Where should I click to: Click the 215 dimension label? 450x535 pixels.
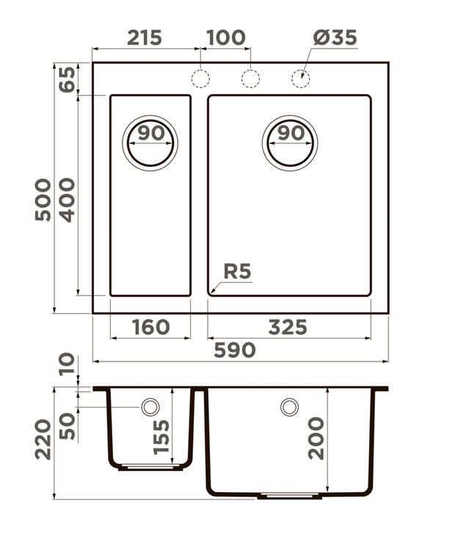144,37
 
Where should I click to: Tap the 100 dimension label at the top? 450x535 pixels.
225,37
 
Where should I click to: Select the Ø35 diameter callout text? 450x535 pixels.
335,37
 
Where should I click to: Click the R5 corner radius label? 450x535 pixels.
237,271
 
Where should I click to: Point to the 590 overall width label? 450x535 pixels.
235,350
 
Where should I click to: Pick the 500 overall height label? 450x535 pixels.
43,200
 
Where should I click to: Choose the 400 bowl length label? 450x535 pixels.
67,200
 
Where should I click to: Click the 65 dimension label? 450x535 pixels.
67,79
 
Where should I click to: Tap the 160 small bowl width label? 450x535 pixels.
150,327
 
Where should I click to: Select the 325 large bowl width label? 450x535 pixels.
288,327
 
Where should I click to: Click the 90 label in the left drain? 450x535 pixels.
151,133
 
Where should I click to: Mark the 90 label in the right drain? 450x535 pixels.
291,133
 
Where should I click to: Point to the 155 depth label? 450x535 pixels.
162,437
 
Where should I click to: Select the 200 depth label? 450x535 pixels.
316,438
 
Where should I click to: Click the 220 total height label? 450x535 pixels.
43,439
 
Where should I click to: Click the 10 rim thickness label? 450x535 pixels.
67,364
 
